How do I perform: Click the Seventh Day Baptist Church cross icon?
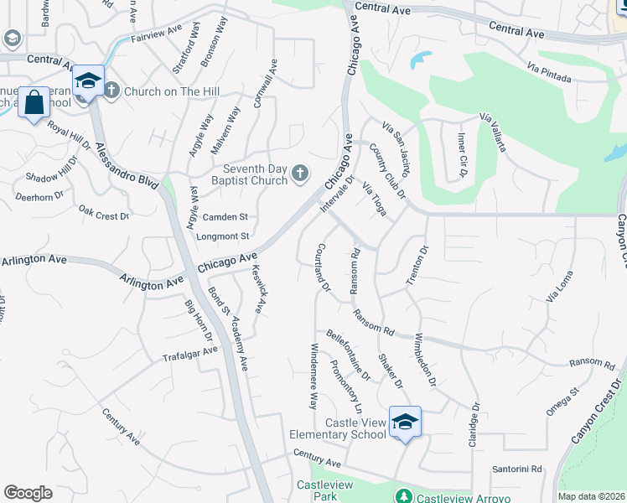(x=301, y=174)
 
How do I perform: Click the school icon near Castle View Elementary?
(x=404, y=422)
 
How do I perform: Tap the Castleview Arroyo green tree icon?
(x=404, y=497)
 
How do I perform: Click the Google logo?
(x=28, y=492)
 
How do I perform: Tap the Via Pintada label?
(x=549, y=73)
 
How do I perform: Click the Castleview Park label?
(x=316, y=491)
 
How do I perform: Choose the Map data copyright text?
(x=592, y=496)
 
